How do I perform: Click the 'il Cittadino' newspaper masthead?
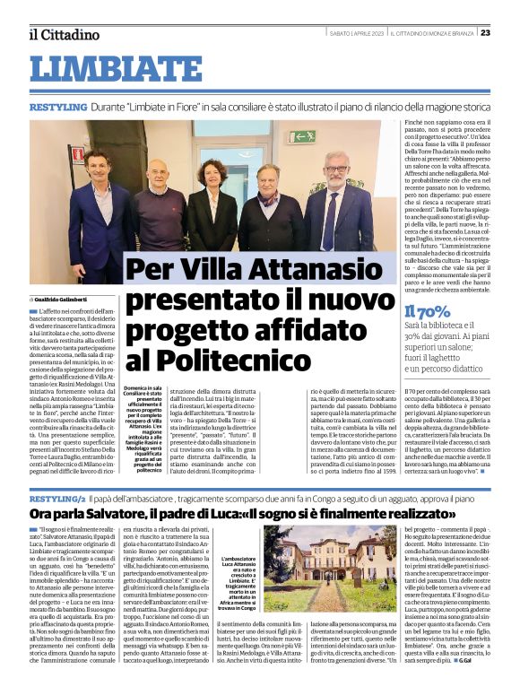(64, 34)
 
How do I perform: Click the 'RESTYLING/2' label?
(57, 498)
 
